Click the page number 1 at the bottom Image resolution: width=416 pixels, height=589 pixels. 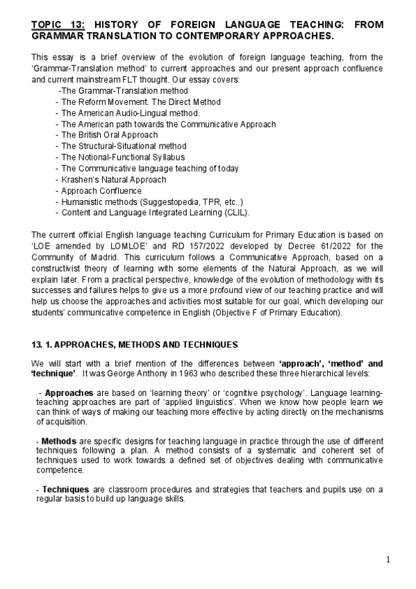[x=388, y=560]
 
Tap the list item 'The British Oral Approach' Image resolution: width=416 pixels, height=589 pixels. [x=109, y=135]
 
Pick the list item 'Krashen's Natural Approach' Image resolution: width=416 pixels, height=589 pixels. [x=113, y=179]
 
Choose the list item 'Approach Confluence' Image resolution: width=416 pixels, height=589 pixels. [x=101, y=190]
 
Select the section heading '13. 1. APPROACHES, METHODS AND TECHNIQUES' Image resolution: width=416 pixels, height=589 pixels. [x=135, y=345]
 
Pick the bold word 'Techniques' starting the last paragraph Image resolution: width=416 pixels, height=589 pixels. [x=66, y=490]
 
